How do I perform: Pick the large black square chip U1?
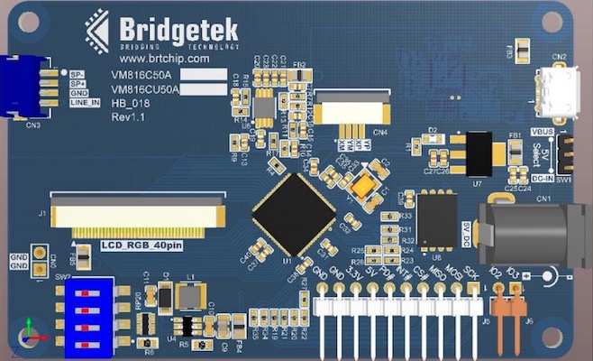coord(295,213)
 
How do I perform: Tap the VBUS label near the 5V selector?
coord(542,132)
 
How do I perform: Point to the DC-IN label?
coord(542,179)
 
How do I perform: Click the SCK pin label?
coord(471,271)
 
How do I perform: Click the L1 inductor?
coord(190,293)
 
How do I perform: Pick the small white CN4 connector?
coord(352,112)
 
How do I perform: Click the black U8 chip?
coord(438,220)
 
